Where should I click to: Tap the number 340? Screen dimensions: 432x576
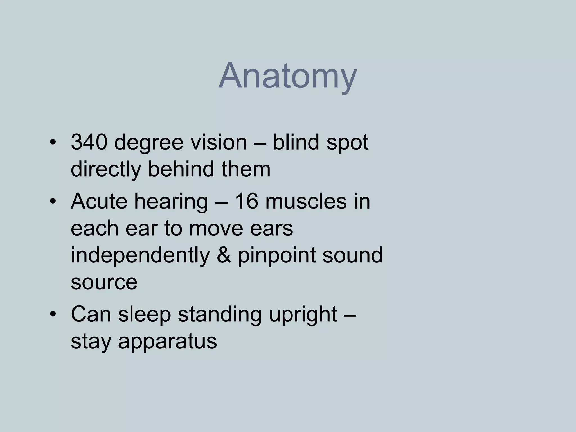(x=89, y=142)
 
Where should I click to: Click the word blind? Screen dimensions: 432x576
(x=296, y=142)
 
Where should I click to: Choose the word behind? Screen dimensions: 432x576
(x=181, y=169)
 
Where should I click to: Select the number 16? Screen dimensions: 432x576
(x=247, y=201)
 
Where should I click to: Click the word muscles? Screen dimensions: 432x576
(x=306, y=201)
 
